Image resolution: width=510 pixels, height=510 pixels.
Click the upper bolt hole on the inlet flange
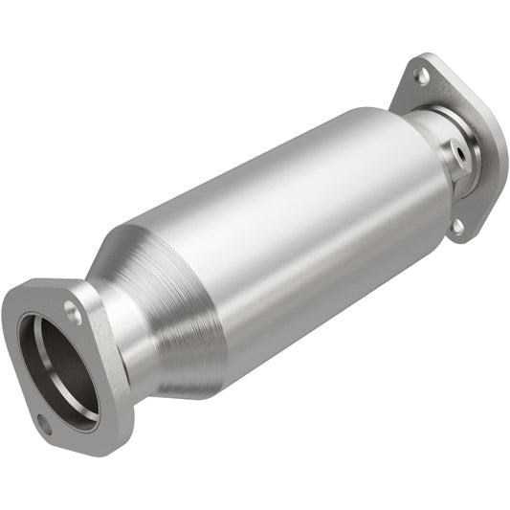coord(73,309)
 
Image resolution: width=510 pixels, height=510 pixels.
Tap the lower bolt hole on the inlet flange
coord(44,425)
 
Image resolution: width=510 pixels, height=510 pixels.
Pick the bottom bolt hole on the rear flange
coord(458,226)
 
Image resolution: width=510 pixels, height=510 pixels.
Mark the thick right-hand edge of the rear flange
coord(494,153)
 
